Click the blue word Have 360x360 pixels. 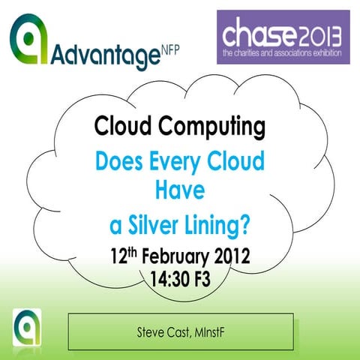coord(180,192)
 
